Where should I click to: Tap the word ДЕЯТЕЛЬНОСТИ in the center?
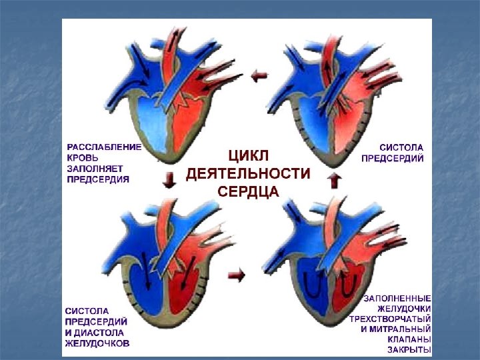click(x=248, y=174)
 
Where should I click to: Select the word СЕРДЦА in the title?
click(x=248, y=191)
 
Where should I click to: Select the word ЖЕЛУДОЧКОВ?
click(x=97, y=343)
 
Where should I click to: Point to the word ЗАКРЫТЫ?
click(x=409, y=351)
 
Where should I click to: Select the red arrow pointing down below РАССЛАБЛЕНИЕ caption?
click(x=170, y=180)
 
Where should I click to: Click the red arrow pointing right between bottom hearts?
click(x=236, y=273)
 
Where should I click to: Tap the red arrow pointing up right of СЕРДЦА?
click(x=335, y=180)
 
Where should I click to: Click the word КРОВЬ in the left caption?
click(x=83, y=158)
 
